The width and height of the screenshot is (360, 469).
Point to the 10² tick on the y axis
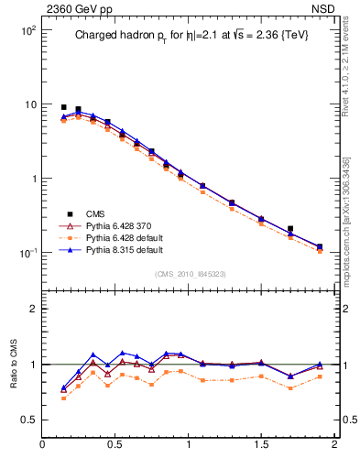pyautogui.click(x=28, y=30)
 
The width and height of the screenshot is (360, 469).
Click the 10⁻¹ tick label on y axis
pyautogui.click(x=28, y=253)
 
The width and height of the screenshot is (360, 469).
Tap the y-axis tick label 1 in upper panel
pyautogui.click(x=33, y=179)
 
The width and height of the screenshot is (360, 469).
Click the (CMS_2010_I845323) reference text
pyautogui.click(x=188, y=273)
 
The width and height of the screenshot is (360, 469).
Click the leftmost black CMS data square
pyautogui.click(x=63, y=107)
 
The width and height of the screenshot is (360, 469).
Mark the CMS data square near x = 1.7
pyautogui.click(x=290, y=229)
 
